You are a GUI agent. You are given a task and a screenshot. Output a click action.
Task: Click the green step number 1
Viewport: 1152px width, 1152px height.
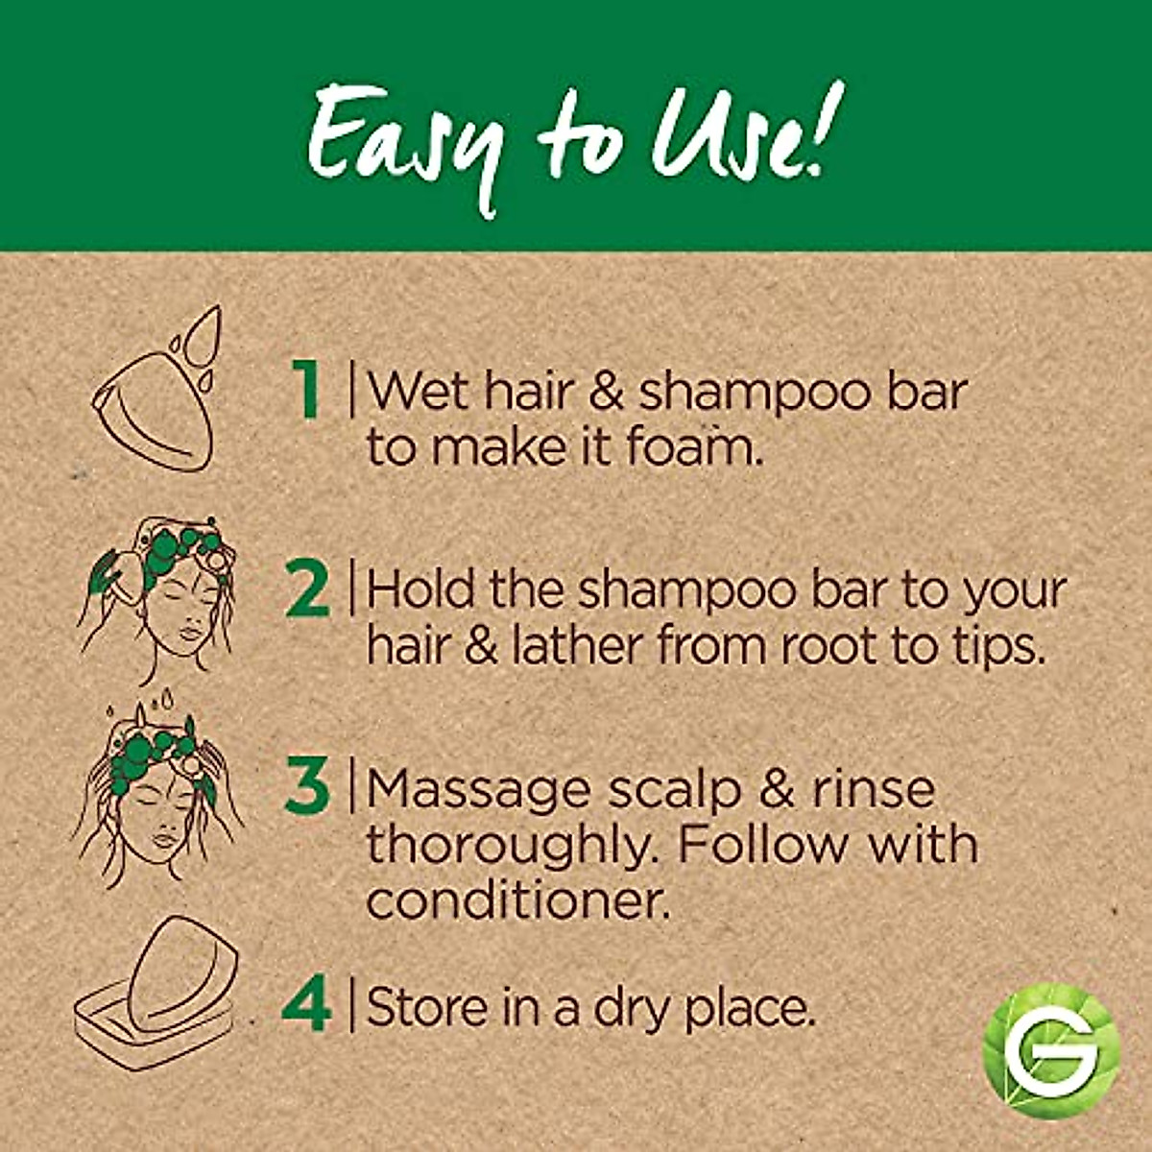pos(307,390)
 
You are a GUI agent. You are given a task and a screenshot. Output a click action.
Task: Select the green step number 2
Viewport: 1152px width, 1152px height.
pos(307,589)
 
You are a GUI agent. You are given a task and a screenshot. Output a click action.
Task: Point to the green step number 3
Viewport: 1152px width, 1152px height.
pos(307,786)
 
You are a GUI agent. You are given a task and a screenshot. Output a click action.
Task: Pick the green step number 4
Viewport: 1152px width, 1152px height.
pos(307,1004)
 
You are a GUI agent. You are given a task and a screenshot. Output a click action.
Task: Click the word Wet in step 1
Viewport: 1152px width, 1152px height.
pos(416,390)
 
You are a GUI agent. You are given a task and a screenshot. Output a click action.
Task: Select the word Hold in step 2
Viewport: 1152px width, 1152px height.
pos(420,589)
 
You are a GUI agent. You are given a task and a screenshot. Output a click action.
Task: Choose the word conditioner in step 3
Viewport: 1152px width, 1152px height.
pos(516,900)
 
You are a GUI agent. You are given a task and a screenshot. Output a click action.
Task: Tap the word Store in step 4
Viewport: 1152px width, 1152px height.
pos(425,1006)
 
